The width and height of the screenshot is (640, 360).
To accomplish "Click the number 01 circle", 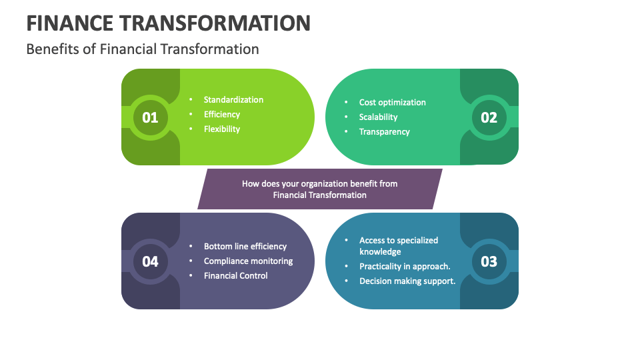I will pyautogui.click(x=150, y=117).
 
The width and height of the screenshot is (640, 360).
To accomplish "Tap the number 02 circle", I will pyautogui.click(x=489, y=117).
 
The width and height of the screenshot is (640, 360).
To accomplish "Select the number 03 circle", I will pyautogui.click(x=489, y=261).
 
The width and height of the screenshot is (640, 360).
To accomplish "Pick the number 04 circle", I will pyautogui.click(x=150, y=261).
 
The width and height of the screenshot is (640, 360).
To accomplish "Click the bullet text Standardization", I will pyautogui.click(x=233, y=100).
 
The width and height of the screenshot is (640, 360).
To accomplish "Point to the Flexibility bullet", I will pyautogui.click(x=222, y=129).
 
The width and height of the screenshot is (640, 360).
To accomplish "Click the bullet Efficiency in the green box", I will pyautogui.click(x=222, y=115).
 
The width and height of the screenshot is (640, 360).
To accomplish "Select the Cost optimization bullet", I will pyautogui.click(x=392, y=103).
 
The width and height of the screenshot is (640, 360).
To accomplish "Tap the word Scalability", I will pyautogui.click(x=378, y=117).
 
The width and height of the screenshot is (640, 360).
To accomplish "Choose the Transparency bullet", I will pyautogui.click(x=384, y=132).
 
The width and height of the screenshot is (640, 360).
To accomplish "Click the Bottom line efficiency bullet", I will pyautogui.click(x=245, y=247).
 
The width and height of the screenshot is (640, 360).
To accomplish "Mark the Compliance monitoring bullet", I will pyautogui.click(x=248, y=261).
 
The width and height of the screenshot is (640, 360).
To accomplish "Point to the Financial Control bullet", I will pyautogui.click(x=235, y=276).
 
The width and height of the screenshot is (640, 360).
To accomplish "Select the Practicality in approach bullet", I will pyautogui.click(x=405, y=267).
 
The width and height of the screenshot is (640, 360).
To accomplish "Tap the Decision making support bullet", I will pyautogui.click(x=407, y=281).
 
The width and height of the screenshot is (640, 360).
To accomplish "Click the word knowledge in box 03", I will pyautogui.click(x=380, y=252).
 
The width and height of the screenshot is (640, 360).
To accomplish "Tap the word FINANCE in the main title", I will pyautogui.click(x=69, y=23).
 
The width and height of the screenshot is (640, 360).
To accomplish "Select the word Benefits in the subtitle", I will pyautogui.click(x=52, y=49).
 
